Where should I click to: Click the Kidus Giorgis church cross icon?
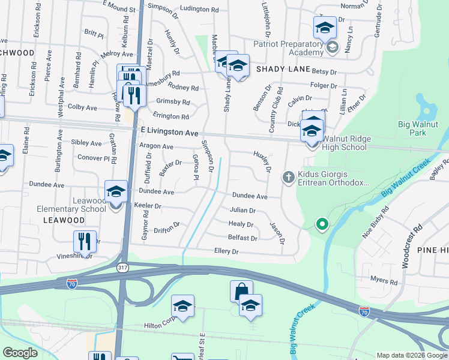288,176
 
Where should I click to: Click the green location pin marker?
322,225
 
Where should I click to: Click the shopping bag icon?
241,291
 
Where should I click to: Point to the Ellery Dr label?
226,252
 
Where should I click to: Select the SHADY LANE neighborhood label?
278,69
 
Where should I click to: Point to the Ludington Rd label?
199,10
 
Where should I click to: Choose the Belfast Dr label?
243,238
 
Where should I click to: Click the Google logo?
20,353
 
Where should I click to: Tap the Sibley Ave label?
86,143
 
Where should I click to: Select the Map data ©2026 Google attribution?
411,355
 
